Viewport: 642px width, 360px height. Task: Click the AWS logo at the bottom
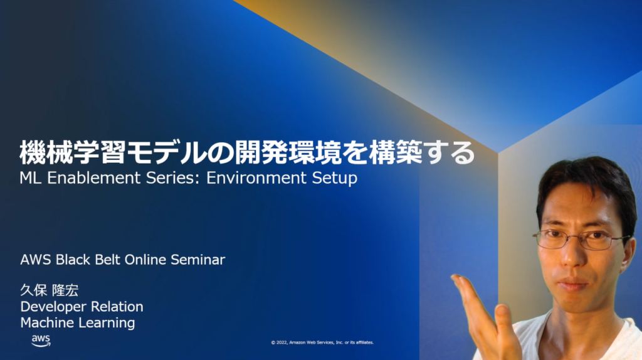click(41, 341)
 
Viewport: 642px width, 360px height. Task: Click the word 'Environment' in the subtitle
click(256, 177)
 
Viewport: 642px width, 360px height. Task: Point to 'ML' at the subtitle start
click(31, 177)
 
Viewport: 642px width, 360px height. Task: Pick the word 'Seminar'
click(197, 260)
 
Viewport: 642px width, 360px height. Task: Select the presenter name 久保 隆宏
click(49, 290)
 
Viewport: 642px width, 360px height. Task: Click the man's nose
click(571, 256)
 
